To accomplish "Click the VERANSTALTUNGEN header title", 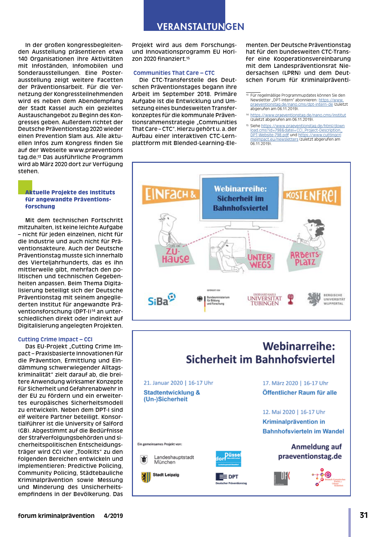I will tap(200, 27).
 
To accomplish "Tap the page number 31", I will tap(364, 515).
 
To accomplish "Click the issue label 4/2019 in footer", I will tap(113, 516).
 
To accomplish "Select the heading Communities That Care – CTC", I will tap(174, 73).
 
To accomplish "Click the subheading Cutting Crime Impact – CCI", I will tap(55, 339).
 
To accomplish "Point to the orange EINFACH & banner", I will tap(170, 194).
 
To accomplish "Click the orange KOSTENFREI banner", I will tap(312, 196).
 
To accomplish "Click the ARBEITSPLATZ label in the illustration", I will tap(305, 258).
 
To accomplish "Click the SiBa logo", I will tap(161, 299).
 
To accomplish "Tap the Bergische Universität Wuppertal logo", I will tap(326, 299).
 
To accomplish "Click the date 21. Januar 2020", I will tap(163, 383).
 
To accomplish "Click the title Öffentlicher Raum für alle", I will tap(299, 393).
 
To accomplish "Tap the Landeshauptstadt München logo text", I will tap(174, 459).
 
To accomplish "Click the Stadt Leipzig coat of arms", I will tap(146, 477).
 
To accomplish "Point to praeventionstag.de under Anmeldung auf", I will tap(310, 456).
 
